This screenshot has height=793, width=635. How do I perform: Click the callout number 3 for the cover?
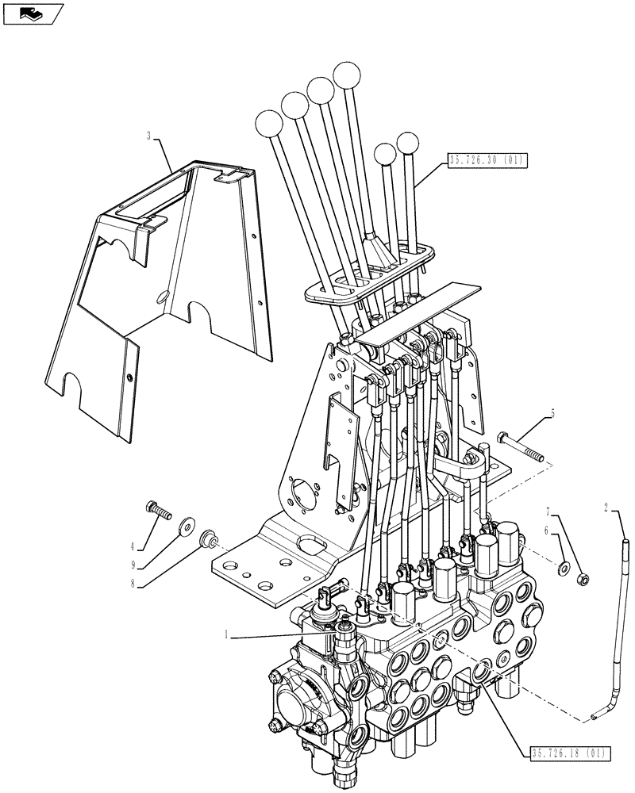148,136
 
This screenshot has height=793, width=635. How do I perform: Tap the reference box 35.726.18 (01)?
563,751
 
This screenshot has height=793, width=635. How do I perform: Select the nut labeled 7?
582,577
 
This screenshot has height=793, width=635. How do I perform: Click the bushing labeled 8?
209,539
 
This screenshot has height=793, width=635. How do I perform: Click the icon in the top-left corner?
31,13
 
